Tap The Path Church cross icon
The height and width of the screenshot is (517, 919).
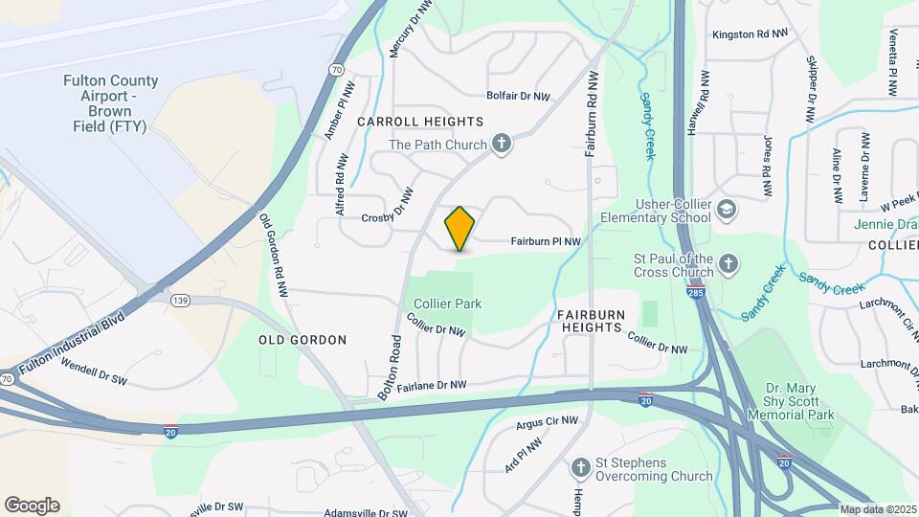tap(500, 145)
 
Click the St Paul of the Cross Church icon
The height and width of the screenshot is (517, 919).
tap(728, 264)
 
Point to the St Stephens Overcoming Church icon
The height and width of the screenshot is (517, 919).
tap(579, 468)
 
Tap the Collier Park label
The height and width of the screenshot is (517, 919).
tap(447, 303)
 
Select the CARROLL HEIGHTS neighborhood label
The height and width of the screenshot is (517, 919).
tap(420, 122)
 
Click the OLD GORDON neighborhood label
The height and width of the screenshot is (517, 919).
tap(303, 340)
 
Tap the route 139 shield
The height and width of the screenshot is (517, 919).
tap(179, 301)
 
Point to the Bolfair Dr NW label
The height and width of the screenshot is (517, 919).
tap(519, 97)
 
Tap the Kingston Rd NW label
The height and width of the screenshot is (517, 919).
tap(750, 34)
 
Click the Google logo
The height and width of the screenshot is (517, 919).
tap(32, 505)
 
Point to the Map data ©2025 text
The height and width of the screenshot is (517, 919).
tap(878, 508)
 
